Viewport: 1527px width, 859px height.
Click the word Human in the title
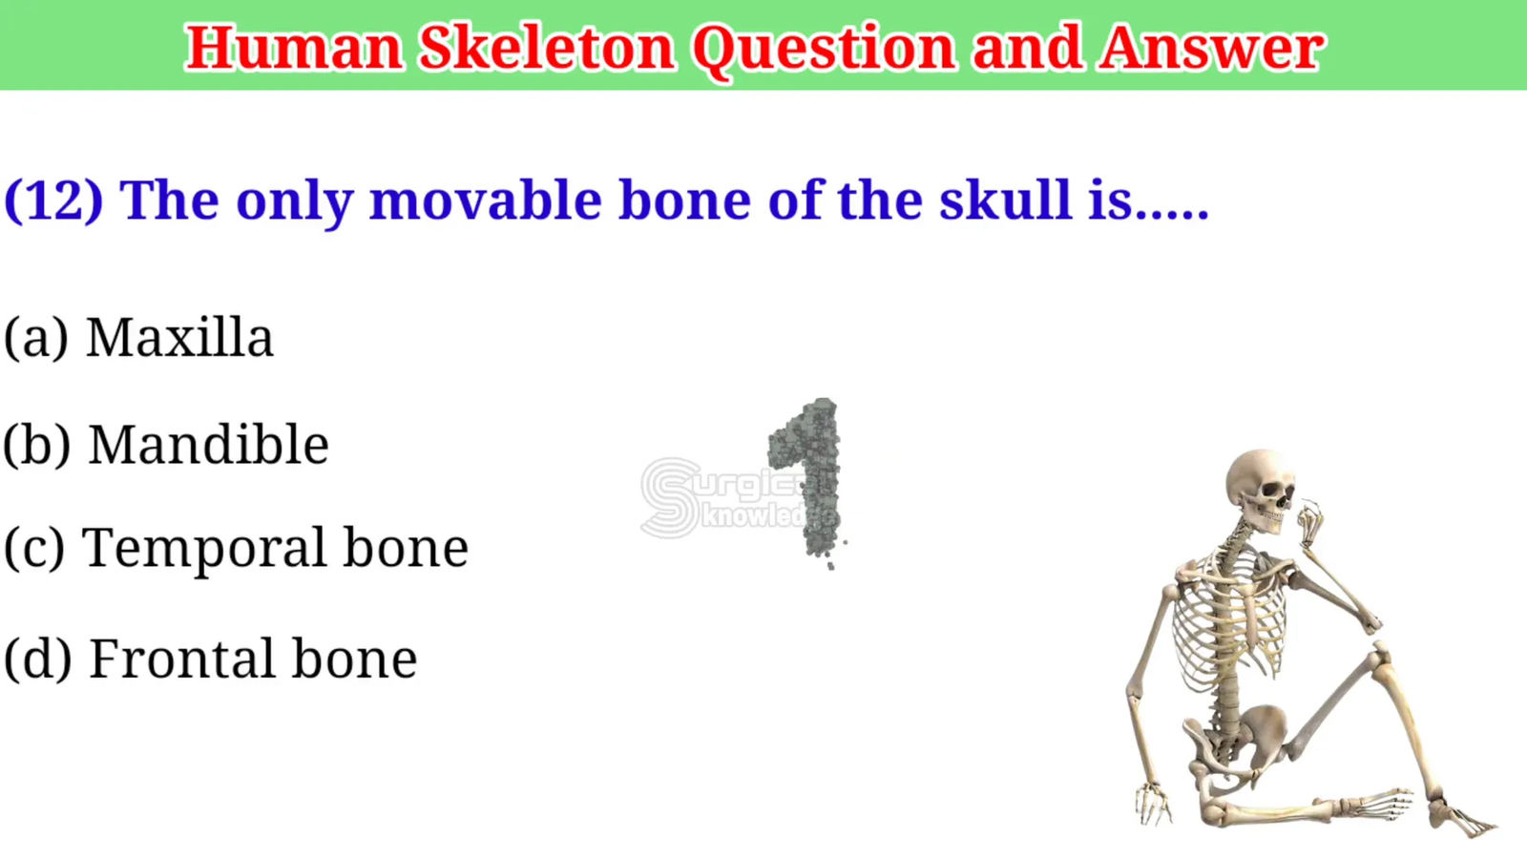click(x=295, y=48)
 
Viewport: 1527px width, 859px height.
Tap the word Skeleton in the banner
click(x=548, y=48)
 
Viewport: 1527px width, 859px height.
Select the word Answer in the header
click(x=1211, y=48)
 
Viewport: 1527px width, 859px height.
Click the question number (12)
click(x=53, y=201)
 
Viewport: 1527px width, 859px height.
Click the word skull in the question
click(x=1006, y=199)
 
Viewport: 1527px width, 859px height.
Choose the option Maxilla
click(x=179, y=337)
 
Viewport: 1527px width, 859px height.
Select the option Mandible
click(x=209, y=445)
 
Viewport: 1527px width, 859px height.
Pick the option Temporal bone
click(x=275, y=548)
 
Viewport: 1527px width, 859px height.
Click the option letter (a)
click(x=36, y=338)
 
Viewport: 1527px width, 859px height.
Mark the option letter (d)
click(x=37, y=660)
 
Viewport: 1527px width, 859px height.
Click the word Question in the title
click(x=825, y=49)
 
